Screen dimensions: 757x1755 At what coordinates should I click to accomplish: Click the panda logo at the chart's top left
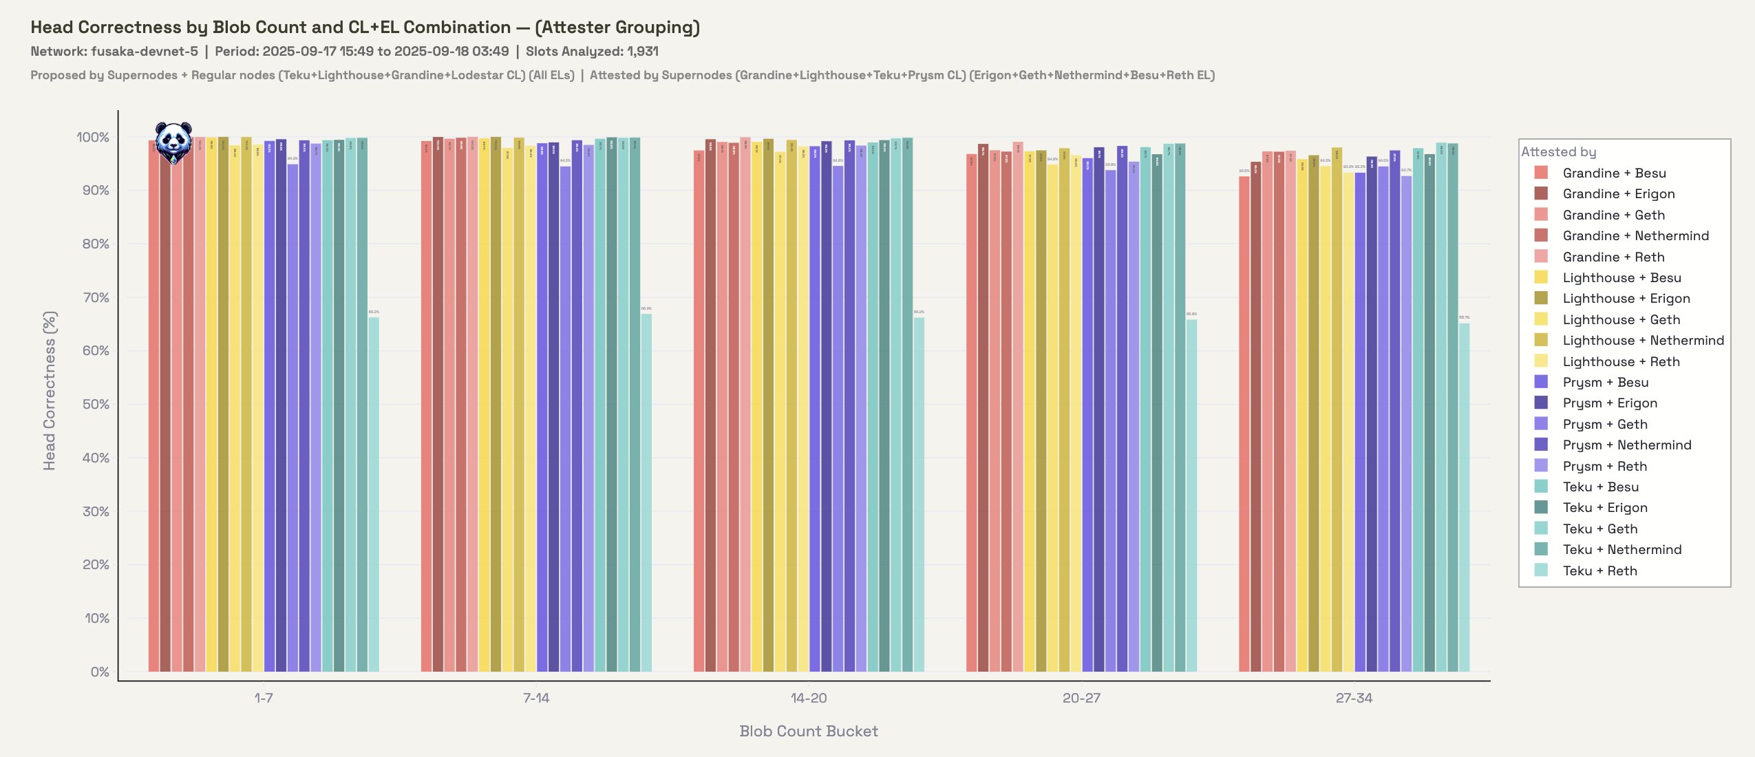point(173,142)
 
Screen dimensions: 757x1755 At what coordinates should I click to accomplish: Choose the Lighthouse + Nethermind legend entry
point(1642,340)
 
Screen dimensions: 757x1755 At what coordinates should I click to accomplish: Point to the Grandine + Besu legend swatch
point(1541,173)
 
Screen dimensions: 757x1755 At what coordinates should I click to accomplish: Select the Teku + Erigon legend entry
point(1604,507)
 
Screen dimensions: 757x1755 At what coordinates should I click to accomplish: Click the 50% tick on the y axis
point(96,404)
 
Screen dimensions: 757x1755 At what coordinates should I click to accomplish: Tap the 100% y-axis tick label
point(93,137)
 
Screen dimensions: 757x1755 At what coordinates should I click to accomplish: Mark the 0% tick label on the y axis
point(99,672)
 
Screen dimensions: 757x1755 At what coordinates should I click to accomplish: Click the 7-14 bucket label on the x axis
point(536,698)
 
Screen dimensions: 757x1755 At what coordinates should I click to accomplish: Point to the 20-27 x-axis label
point(1081,698)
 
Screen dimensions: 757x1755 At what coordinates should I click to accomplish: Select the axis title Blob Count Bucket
point(809,731)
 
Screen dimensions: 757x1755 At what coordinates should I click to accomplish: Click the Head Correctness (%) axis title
point(50,391)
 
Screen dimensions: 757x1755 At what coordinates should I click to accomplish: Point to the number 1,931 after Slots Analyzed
point(642,51)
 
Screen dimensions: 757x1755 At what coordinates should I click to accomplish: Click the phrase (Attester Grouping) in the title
point(617,27)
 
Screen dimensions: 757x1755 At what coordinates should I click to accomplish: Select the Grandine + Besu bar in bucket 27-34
point(1244,424)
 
